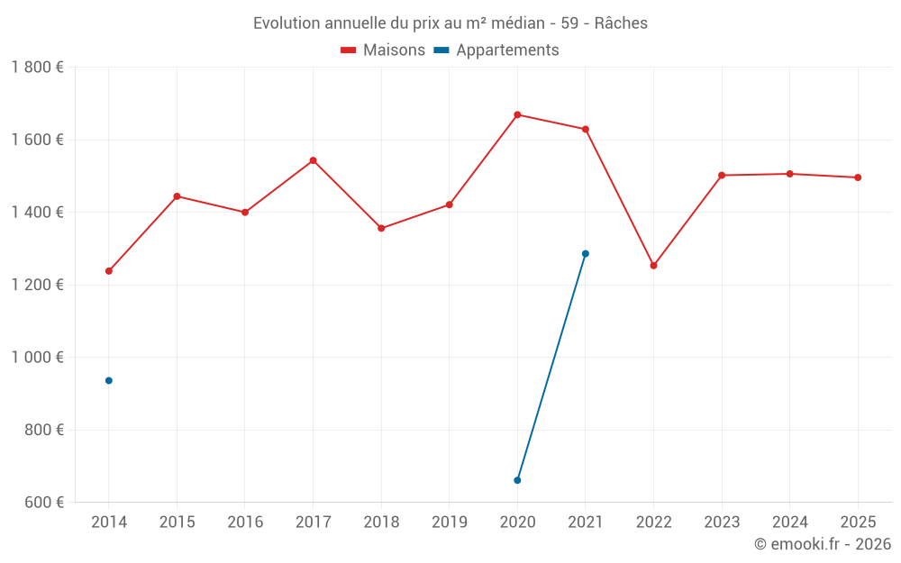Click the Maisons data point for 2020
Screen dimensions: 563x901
[517, 114]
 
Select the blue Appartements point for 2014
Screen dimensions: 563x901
[109, 380]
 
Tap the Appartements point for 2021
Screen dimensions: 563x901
[586, 253]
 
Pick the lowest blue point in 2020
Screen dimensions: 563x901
[517, 480]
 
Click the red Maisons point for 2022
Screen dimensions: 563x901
[653, 266]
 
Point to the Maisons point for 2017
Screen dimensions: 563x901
[313, 160]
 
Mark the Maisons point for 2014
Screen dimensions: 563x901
[109, 271]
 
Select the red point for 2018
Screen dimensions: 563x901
[381, 228]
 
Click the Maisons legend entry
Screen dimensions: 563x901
[383, 50]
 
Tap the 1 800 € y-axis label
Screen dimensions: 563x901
[38, 68]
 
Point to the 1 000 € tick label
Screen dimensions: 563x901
[38, 358]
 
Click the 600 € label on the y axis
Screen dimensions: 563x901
[45, 503]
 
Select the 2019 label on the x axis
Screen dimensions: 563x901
[449, 522]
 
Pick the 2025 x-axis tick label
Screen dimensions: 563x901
[857, 522]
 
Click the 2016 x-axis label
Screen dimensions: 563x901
[245, 522]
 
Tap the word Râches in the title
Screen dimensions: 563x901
[621, 23]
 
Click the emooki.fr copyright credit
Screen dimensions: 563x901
[823, 544]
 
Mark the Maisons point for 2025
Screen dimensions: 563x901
[858, 177]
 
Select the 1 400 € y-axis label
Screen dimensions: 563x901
[38, 213]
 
